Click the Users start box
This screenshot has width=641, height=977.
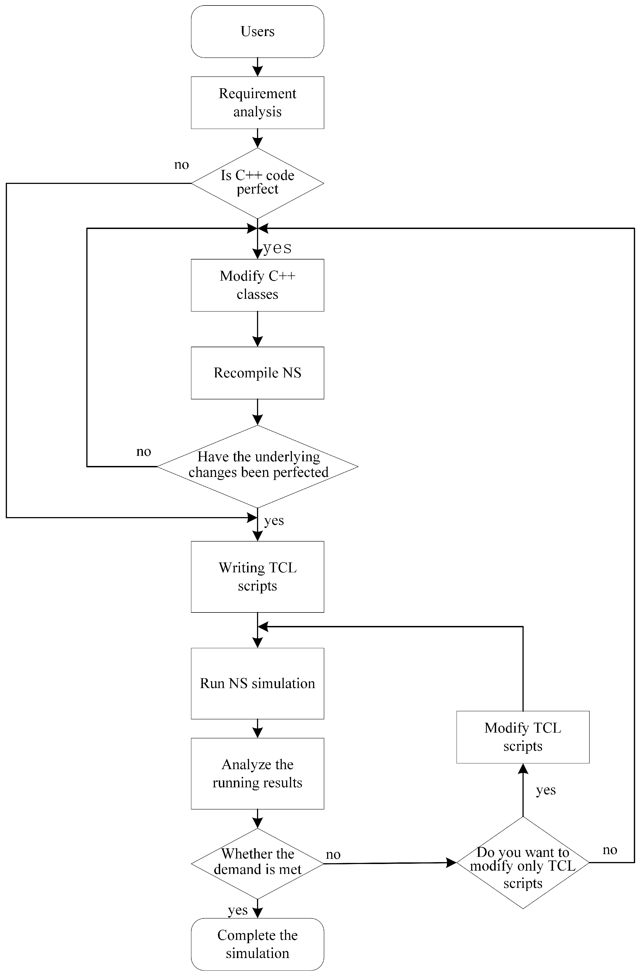click(257, 32)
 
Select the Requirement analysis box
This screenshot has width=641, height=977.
click(257, 103)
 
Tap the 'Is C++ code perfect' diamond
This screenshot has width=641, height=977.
click(257, 183)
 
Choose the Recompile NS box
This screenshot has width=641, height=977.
click(257, 373)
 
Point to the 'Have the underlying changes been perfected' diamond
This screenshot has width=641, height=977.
click(257, 466)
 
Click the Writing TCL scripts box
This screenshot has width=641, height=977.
click(257, 576)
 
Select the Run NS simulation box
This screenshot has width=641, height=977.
click(257, 683)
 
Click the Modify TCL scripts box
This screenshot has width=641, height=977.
click(523, 737)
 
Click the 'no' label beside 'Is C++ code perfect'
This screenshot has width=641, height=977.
click(181, 165)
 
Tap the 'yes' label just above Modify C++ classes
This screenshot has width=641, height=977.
click(277, 247)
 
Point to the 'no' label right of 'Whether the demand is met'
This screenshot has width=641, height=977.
click(333, 855)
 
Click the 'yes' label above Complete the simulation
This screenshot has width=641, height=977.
click(237, 910)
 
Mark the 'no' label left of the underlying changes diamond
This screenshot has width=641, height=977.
click(144, 452)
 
